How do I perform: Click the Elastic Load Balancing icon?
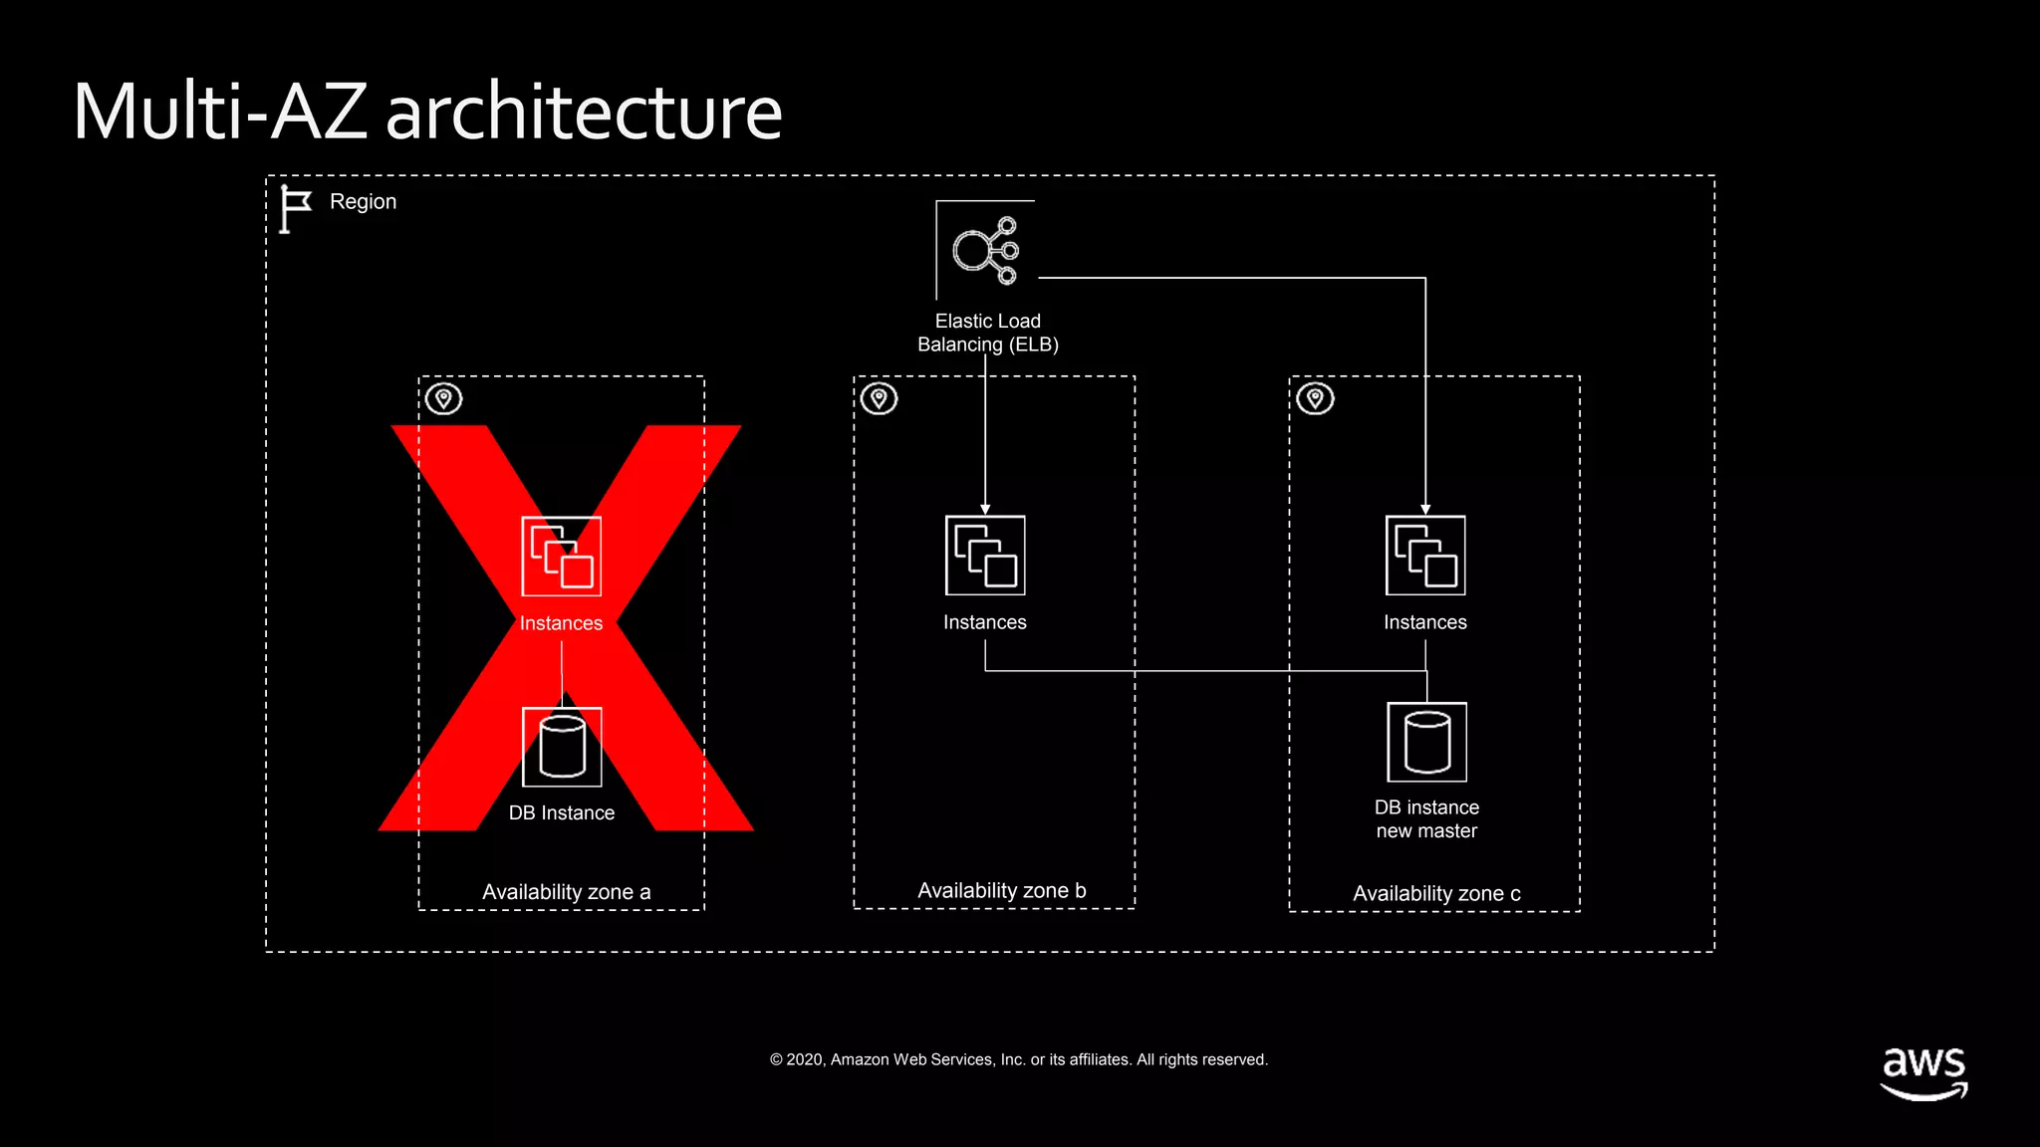click(x=985, y=250)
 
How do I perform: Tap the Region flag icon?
click(x=295, y=209)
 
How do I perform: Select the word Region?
click(x=363, y=202)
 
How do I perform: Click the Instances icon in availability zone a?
click(x=562, y=557)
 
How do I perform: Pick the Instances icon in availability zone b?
click(x=985, y=556)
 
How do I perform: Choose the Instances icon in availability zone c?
click(x=1425, y=556)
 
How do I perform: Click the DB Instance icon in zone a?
click(x=562, y=747)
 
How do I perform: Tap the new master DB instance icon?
click(x=1426, y=743)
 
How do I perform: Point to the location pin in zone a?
click(x=444, y=399)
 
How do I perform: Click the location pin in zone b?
click(x=880, y=399)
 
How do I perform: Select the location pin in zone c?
click(x=1316, y=399)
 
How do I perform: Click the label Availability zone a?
click(x=566, y=892)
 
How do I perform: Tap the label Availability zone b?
click(x=1001, y=891)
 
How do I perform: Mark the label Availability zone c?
click(x=1436, y=894)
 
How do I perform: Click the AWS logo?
click(x=1923, y=1072)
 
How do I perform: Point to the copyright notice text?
click(x=1019, y=1060)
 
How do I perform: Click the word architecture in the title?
click(x=584, y=112)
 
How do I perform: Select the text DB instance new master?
click(x=1426, y=819)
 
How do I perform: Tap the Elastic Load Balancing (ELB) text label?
click(x=987, y=333)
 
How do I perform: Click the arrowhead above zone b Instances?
click(x=985, y=509)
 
